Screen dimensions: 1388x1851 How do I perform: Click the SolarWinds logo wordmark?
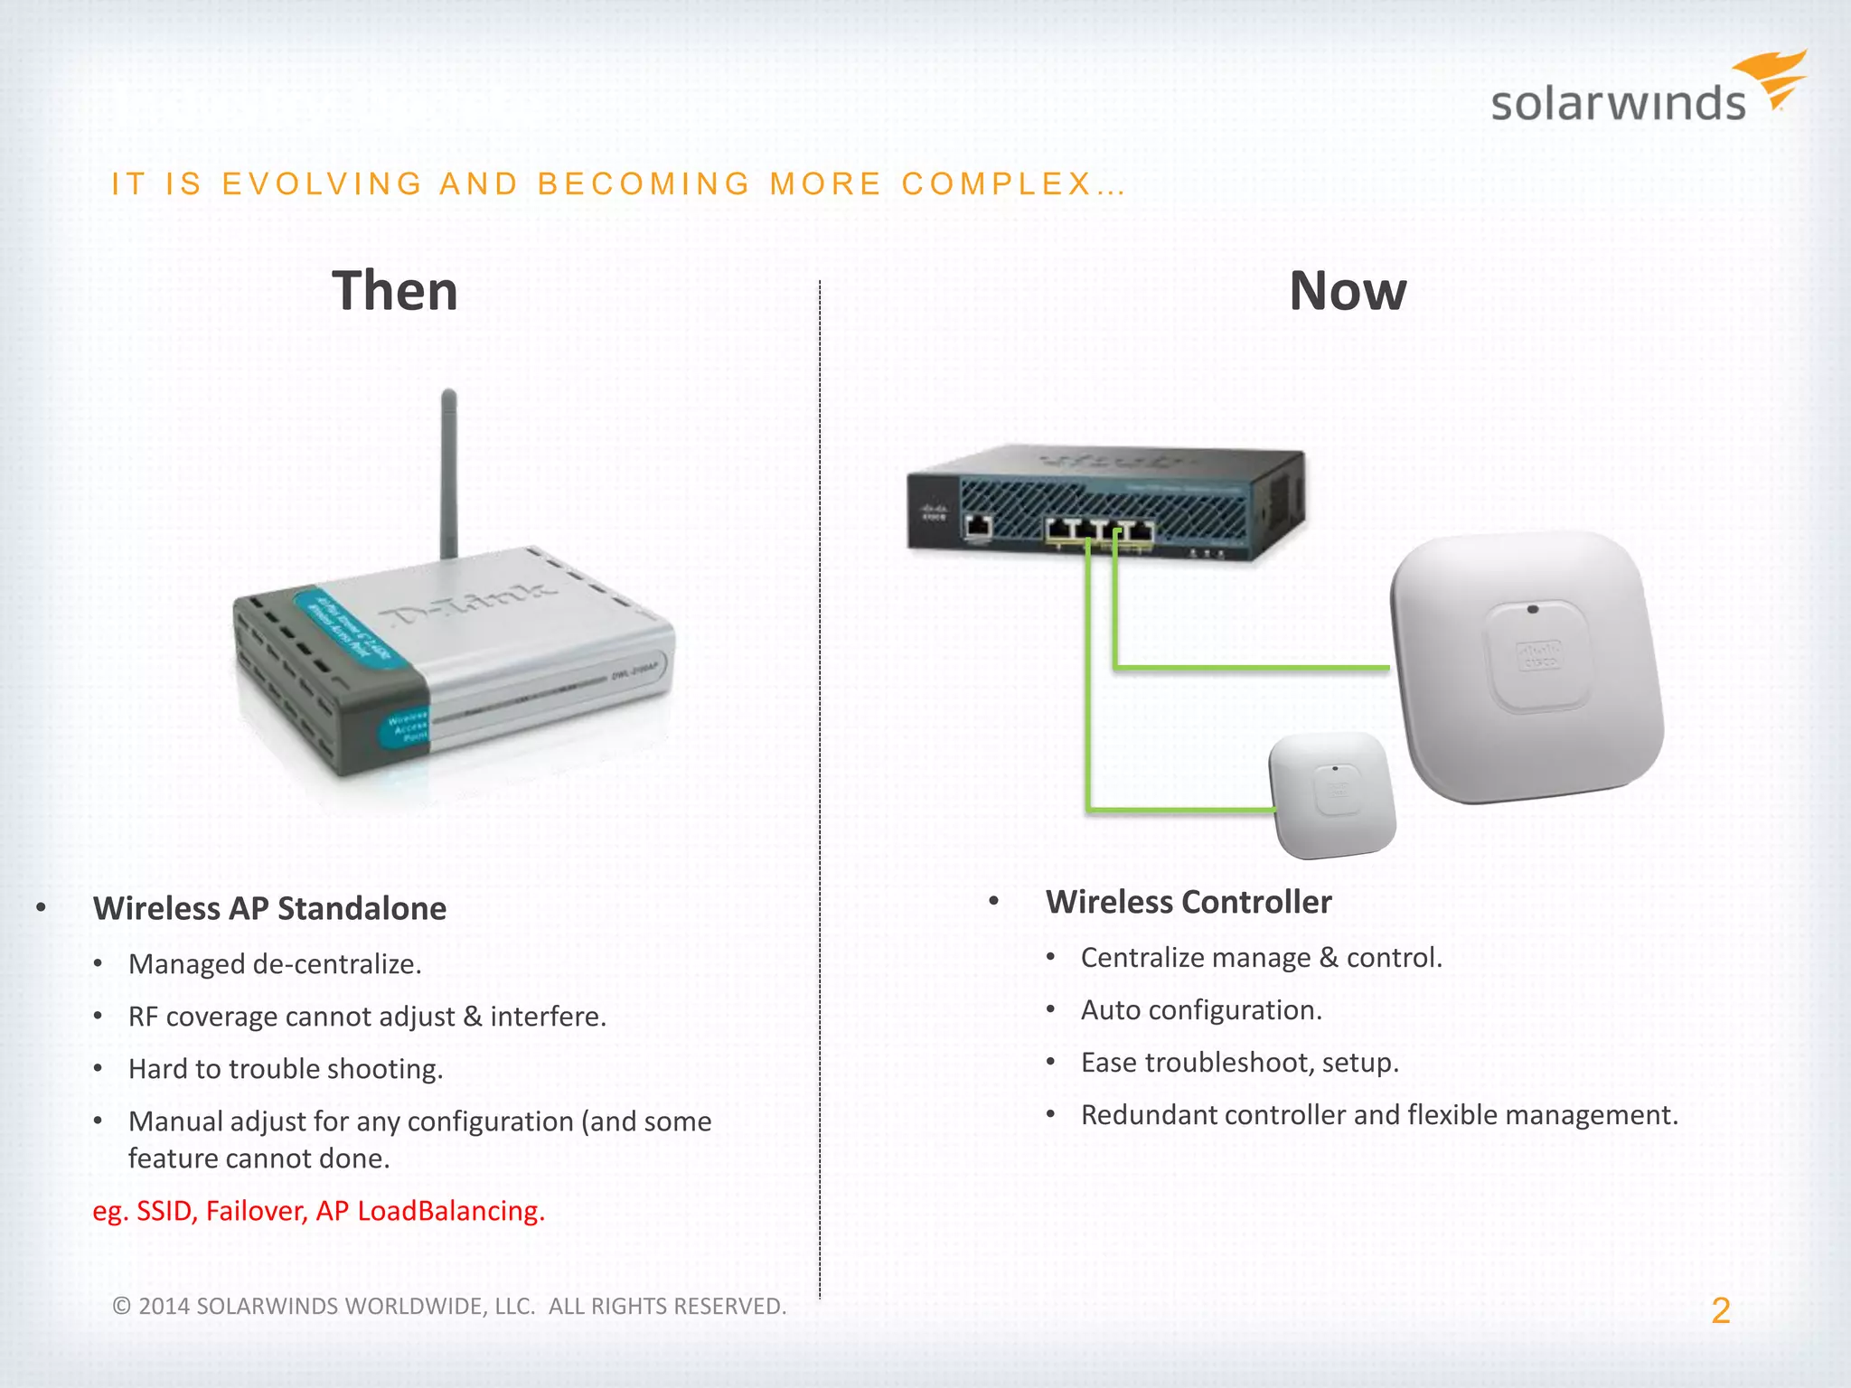1618,103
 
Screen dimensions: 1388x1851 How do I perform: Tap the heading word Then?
395,291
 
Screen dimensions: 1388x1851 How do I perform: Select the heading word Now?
1347,291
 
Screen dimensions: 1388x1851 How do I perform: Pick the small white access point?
1332,795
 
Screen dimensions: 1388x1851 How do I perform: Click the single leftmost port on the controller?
979,526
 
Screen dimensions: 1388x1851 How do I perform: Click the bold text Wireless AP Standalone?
269,908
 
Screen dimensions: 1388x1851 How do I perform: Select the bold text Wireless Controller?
1189,902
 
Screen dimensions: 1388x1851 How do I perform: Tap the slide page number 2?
1720,1310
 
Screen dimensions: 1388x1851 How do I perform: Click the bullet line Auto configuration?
1201,1009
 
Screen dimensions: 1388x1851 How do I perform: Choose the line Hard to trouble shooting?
286,1069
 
